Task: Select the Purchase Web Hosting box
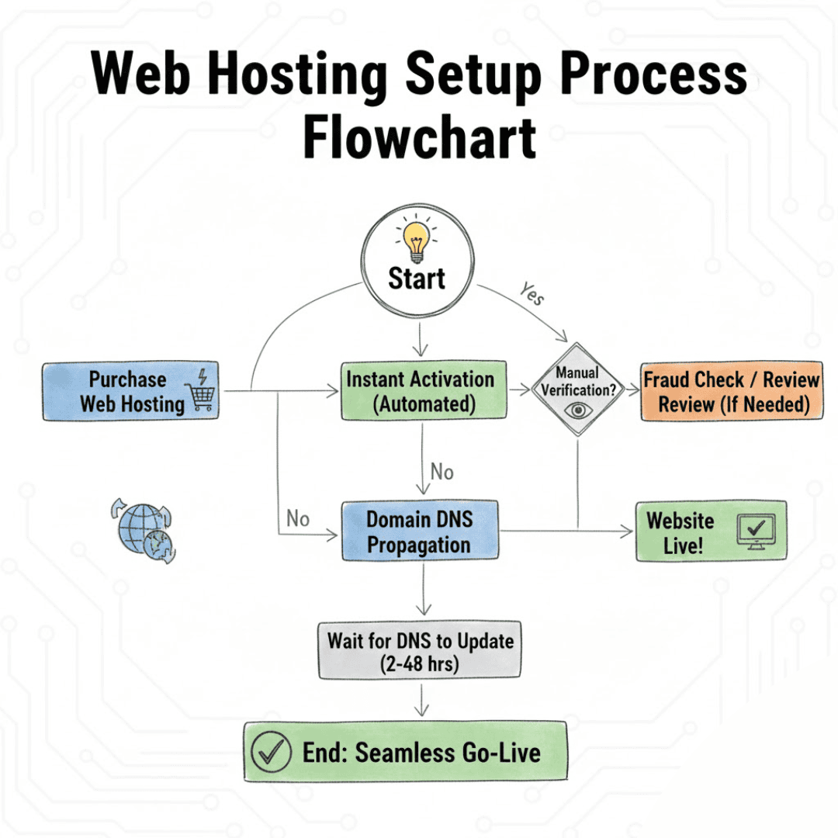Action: coord(130,391)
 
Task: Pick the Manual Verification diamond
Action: coord(579,389)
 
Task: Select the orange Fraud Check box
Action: coord(731,391)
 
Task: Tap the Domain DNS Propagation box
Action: coord(420,532)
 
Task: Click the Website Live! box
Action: coord(711,532)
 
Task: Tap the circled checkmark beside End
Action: coord(272,753)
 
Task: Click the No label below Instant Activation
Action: coord(442,472)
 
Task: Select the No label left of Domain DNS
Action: coord(298,518)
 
